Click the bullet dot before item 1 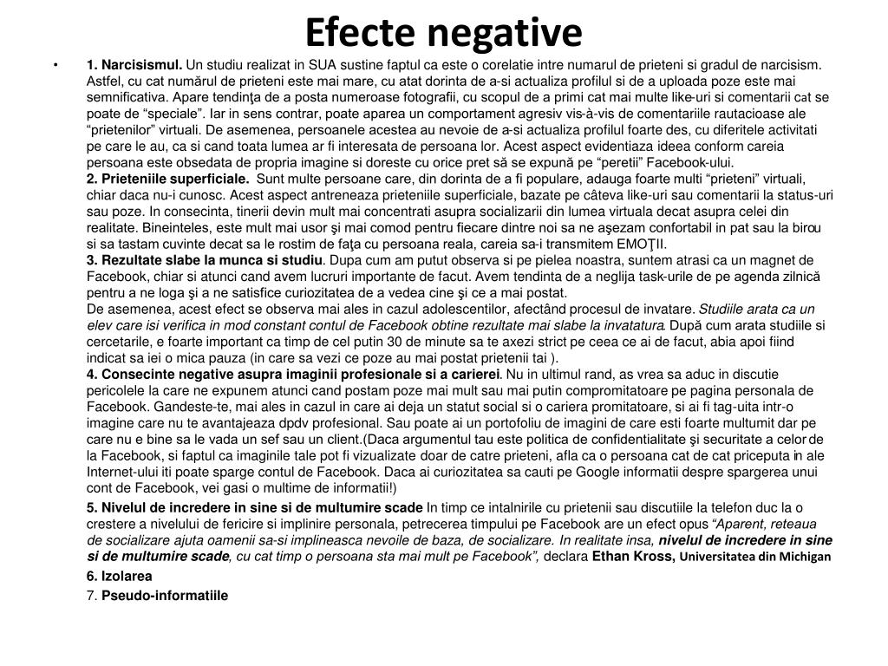coord(55,64)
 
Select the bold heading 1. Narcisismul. coord(134,64)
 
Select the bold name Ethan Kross coord(633,556)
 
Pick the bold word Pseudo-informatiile coord(165,596)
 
